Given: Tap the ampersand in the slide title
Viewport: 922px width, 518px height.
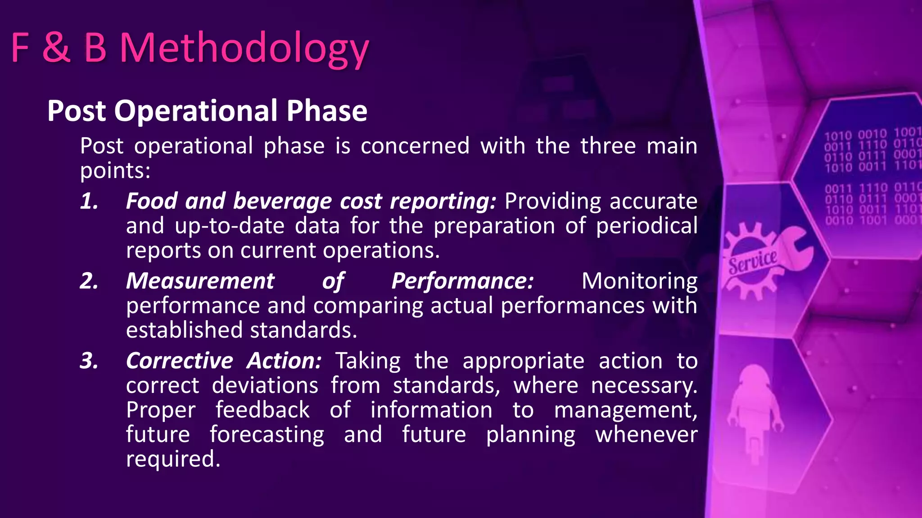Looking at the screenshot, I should click(56, 47).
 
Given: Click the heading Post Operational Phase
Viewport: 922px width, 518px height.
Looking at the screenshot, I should click(207, 111).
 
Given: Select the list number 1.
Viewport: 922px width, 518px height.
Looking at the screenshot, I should click(89, 201).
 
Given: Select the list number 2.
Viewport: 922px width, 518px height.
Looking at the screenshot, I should click(89, 281).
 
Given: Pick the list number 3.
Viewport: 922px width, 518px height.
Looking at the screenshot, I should click(89, 361).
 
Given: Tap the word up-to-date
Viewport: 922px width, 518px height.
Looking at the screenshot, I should click(230, 226).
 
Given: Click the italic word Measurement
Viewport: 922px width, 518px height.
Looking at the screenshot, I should click(200, 281).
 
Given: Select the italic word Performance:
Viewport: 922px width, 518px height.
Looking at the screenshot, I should click(462, 281).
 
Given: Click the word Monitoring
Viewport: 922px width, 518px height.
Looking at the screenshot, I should click(639, 281).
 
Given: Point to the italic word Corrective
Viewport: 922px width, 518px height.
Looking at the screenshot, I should click(179, 361).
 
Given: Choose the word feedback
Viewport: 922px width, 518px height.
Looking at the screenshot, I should click(262, 410).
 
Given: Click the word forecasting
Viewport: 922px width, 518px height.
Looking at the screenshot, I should click(267, 435).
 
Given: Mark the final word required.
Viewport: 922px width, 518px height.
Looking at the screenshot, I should click(173, 460).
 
